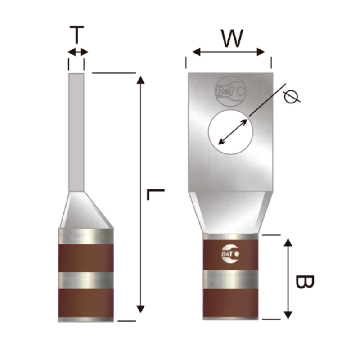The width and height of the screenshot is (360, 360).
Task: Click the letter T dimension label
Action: click(76, 35)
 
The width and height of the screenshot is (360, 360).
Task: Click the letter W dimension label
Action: click(232, 38)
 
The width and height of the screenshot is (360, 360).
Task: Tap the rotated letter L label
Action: click(156, 195)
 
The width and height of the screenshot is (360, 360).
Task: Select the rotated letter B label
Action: click(305, 282)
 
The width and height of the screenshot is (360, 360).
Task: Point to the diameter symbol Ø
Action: click(292, 97)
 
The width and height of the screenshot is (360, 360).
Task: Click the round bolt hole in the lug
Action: click(230, 132)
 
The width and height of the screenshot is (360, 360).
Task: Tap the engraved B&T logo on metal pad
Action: click(230, 91)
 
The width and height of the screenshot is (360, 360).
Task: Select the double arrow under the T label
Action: click(78, 52)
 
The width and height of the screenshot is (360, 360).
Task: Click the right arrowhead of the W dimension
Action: click(261, 52)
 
